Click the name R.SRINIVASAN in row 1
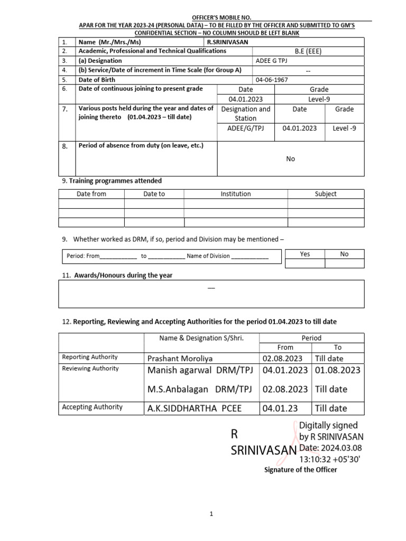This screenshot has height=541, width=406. tap(227, 42)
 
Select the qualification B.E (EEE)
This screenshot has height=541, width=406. tap(308, 51)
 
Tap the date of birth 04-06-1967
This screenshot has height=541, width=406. tap(273, 80)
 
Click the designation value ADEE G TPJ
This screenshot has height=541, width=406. tap(272, 61)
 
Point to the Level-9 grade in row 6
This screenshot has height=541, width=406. tap(319, 99)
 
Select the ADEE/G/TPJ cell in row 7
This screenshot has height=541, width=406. tap(245, 128)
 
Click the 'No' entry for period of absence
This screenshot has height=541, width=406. tap(290, 159)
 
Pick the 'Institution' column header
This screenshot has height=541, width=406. tap(235, 194)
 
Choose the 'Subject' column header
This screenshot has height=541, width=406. tap(326, 194)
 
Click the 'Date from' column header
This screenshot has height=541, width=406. tap(91, 194)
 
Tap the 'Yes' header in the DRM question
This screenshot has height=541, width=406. tap(304, 254)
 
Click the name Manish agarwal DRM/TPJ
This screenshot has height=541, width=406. tap(200, 370)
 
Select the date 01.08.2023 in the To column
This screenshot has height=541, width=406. tap(337, 370)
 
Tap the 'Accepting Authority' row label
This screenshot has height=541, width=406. tap(92, 407)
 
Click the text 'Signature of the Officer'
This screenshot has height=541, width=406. tap(300, 470)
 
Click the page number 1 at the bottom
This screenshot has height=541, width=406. tap(211, 514)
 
